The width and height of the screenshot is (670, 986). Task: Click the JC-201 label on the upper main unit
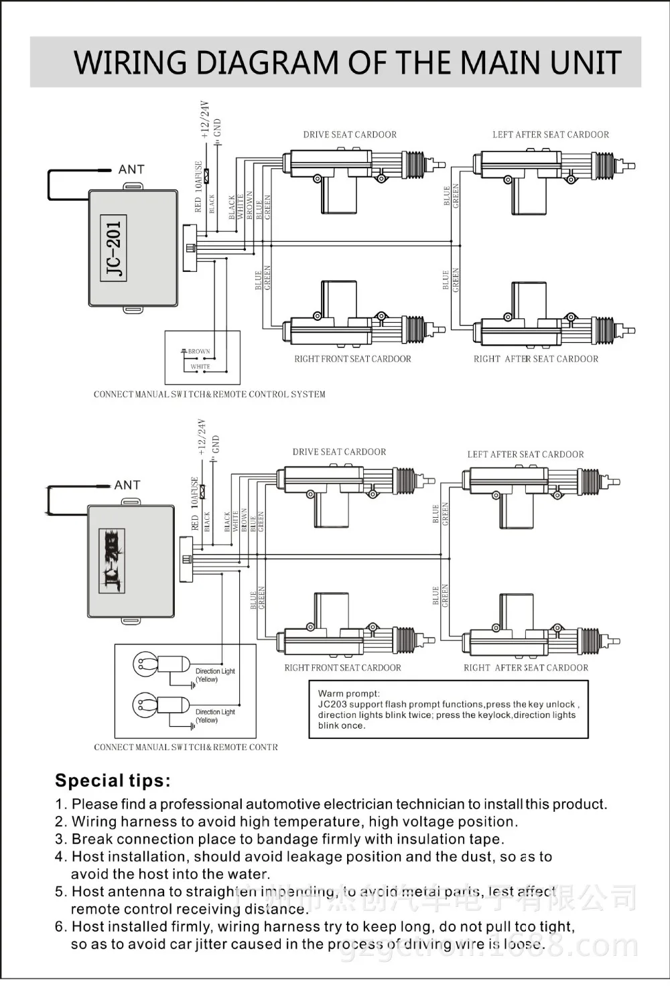[115, 248]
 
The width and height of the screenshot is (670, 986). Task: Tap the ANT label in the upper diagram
[131, 169]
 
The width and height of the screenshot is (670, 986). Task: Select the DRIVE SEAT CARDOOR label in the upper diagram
[350, 135]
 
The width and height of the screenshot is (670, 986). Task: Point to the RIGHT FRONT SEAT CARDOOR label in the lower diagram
[342, 668]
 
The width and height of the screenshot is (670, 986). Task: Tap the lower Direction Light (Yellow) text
[215, 716]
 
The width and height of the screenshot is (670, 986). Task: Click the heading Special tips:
[113, 780]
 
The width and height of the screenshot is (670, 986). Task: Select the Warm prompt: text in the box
[348, 694]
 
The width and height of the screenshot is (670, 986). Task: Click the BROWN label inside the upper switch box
[199, 351]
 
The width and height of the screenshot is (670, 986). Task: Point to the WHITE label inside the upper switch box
[200, 366]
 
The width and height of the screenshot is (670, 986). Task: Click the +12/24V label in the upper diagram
[205, 120]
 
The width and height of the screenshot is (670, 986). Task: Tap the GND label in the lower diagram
[215, 444]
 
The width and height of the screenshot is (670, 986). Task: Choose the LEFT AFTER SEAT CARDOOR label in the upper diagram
[551, 135]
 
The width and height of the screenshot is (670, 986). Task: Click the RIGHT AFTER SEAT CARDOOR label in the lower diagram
[526, 668]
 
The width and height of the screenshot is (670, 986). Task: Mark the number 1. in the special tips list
[61, 804]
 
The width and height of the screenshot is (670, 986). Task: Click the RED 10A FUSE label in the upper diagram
[198, 187]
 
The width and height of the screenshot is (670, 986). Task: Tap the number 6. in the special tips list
[61, 927]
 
